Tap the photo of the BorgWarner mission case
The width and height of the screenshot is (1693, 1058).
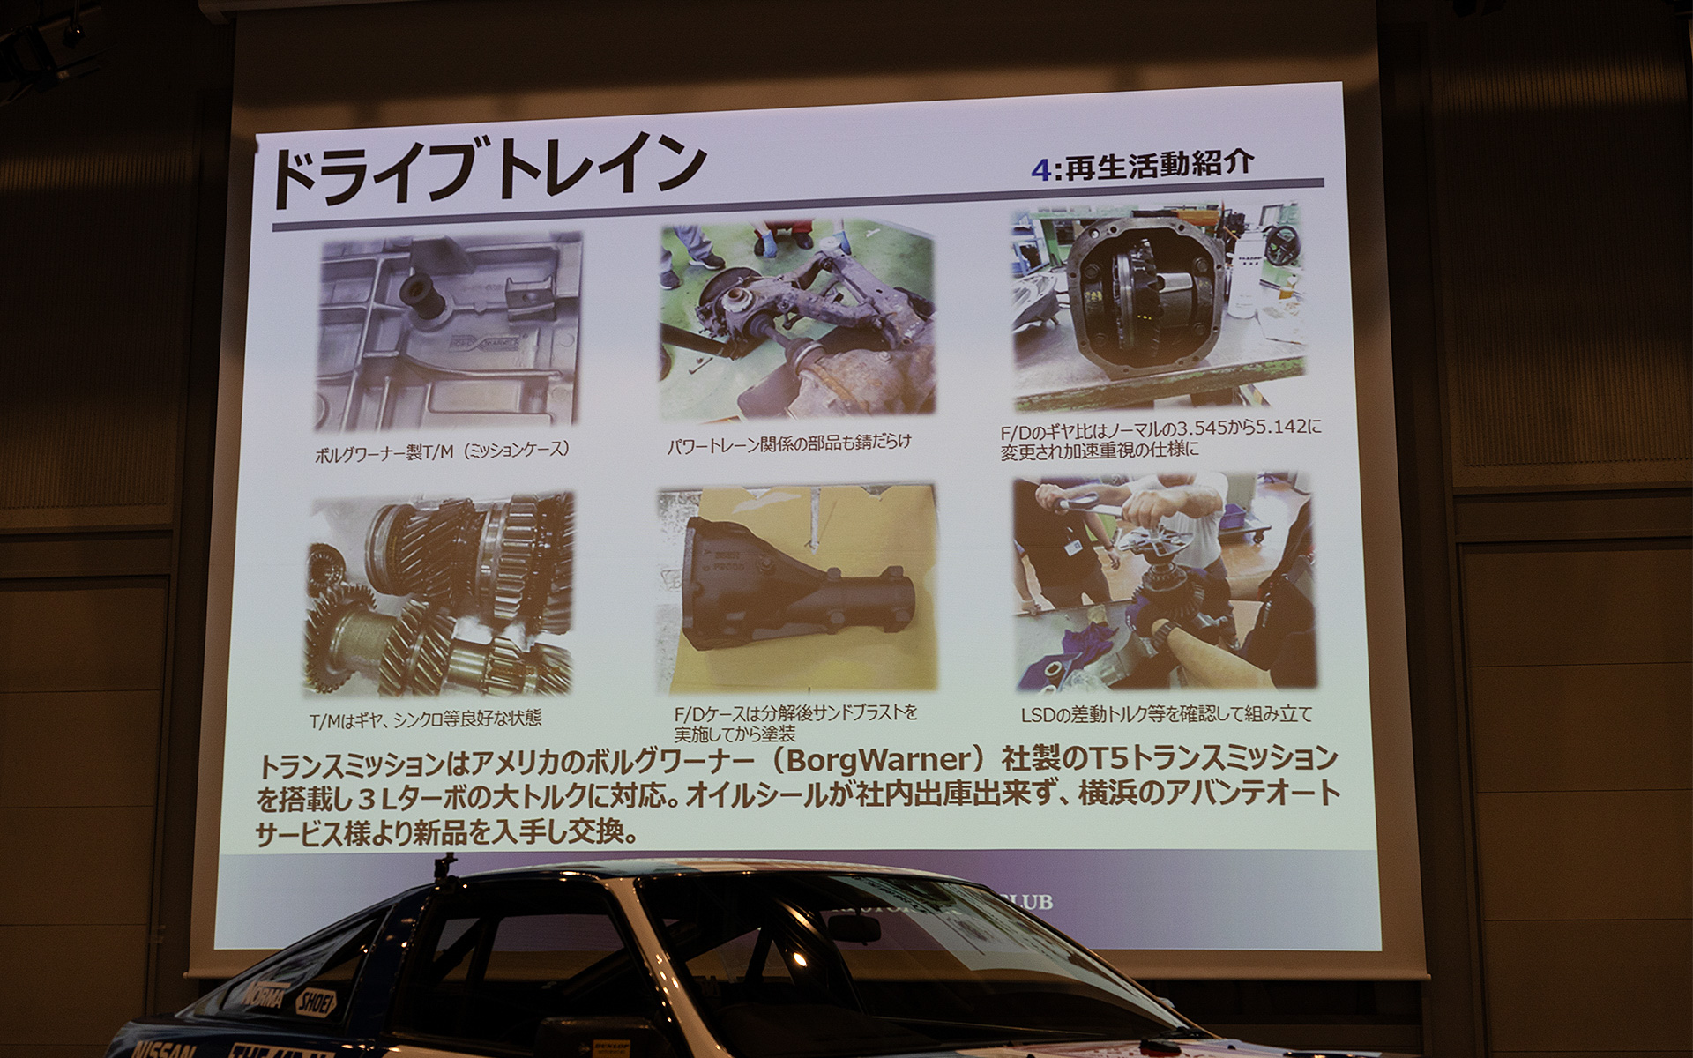(449, 332)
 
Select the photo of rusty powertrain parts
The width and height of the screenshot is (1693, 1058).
(797, 319)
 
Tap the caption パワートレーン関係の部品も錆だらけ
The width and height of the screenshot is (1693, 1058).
(788, 443)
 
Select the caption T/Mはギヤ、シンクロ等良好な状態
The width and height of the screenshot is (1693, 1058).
(425, 719)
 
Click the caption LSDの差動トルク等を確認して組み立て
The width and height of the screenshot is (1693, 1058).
(1167, 713)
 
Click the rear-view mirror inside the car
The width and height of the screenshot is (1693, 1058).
(853, 928)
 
